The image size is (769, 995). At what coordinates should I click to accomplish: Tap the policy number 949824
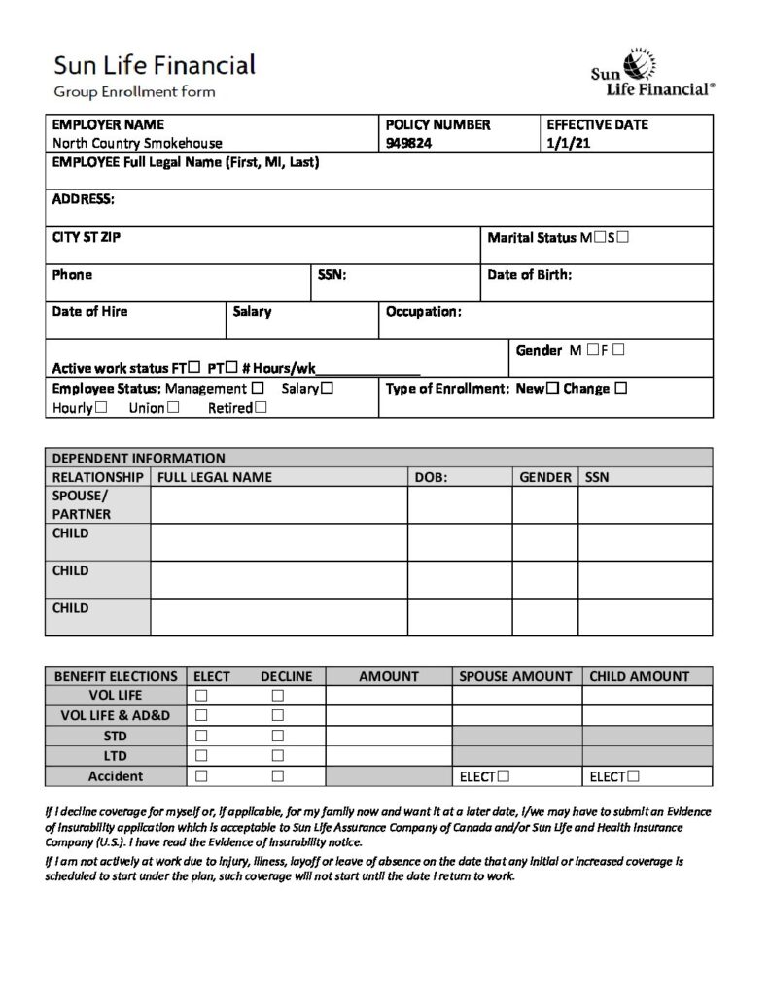(408, 143)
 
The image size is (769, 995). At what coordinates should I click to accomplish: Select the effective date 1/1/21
(568, 143)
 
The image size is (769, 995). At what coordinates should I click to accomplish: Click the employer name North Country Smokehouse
(137, 143)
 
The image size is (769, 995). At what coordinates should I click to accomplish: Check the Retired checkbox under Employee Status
(260, 408)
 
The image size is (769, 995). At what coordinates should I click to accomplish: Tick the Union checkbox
(173, 408)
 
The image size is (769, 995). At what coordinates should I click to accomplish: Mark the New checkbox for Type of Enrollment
(552, 389)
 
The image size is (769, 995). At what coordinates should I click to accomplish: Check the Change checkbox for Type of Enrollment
(621, 389)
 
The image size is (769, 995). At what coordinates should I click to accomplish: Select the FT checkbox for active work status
(195, 367)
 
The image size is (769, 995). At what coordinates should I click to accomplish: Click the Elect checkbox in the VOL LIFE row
(201, 696)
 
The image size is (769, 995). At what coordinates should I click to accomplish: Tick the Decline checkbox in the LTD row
(278, 756)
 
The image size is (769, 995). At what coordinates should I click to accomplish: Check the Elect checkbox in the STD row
(201, 736)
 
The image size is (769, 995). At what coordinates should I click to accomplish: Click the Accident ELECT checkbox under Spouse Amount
(504, 776)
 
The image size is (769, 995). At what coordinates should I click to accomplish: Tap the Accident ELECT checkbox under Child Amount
(634, 776)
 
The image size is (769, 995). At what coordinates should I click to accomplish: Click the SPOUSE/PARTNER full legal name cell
(278, 505)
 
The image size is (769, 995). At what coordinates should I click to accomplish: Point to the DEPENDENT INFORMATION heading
(138, 458)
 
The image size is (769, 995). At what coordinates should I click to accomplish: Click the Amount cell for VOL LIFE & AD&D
(388, 716)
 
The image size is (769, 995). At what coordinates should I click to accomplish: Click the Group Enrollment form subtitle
(134, 92)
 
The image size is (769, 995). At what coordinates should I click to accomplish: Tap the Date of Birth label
(530, 275)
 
